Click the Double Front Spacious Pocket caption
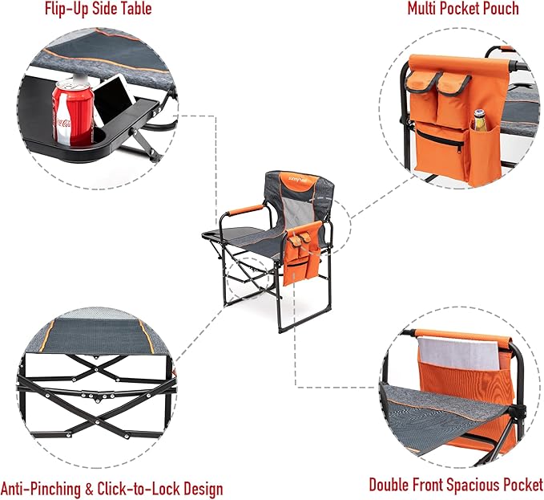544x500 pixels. tap(456, 485)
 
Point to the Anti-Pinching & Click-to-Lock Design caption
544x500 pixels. tap(111, 489)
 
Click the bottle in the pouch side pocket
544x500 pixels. tap(480, 121)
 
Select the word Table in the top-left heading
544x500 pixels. tap(133, 10)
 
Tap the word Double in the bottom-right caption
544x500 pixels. tap(392, 485)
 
